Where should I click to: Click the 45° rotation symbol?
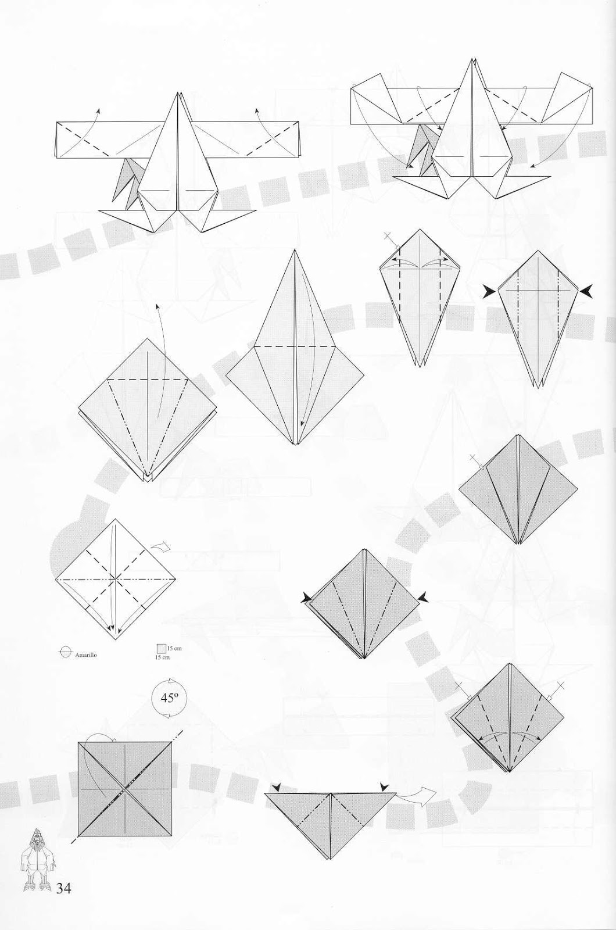[x=169, y=698]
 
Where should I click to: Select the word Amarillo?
[x=86, y=654]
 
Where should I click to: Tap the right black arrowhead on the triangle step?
[x=384, y=787]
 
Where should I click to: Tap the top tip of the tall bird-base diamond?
[x=295, y=251]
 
